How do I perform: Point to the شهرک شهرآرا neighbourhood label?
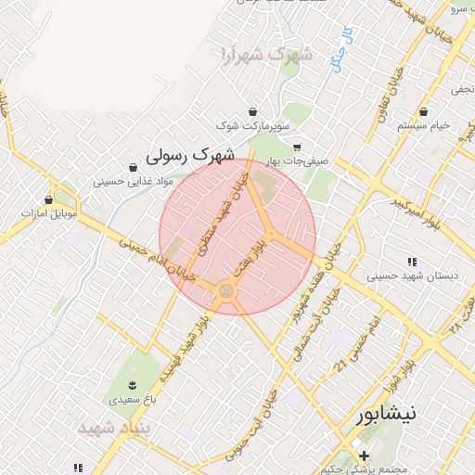click(x=269, y=56)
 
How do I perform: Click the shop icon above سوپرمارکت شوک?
click(x=253, y=111)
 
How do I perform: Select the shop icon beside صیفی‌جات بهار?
click(x=297, y=147)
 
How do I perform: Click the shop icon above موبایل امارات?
click(x=49, y=199)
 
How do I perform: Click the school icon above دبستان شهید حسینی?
click(x=412, y=263)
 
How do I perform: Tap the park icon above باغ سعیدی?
click(x=132, y=385)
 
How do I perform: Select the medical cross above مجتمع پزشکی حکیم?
click(x=365, y=456)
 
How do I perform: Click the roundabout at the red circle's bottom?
click(x=226, y=292)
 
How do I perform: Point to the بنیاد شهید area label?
click(x=114, y=430)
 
